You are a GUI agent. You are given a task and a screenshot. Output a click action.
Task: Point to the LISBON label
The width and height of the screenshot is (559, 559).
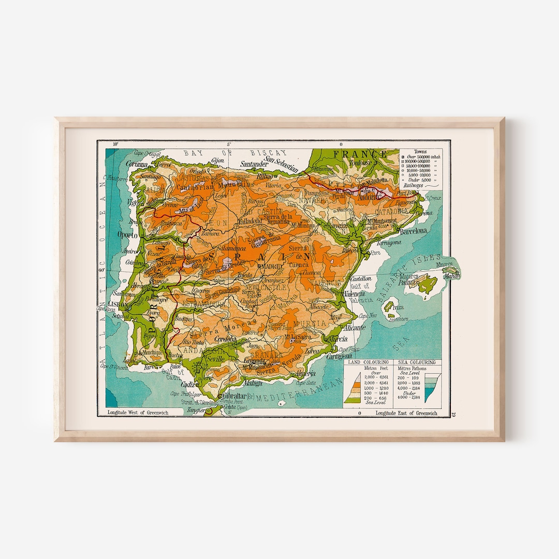click(117, 305)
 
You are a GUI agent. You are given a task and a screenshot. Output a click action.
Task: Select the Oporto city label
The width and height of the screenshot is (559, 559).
click(128, 234)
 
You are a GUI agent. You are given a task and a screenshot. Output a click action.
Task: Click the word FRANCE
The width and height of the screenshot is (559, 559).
click(360, 154)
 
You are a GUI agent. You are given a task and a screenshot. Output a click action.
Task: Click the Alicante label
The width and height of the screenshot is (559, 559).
click(354, 328)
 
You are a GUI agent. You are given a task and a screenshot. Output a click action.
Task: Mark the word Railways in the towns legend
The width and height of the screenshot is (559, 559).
click(411, 185)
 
